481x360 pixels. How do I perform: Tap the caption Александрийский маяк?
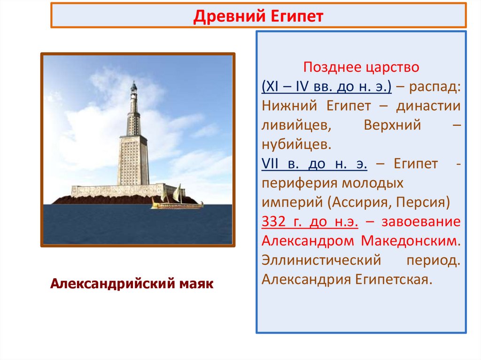[132, 283]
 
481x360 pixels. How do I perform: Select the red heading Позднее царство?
[361, 67]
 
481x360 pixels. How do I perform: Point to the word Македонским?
[411, 241]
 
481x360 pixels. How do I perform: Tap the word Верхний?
[392, 125]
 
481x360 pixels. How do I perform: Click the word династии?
[428, 106]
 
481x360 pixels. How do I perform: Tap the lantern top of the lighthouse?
[134, 87]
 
